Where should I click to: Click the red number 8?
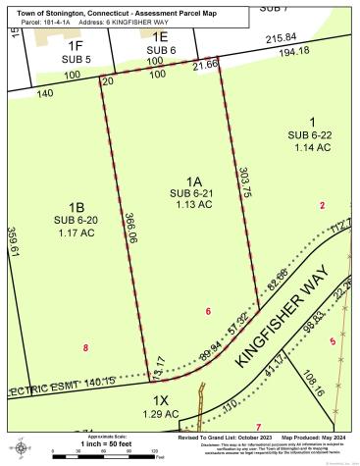(x=86, y=347)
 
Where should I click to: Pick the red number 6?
(x=209, y=311)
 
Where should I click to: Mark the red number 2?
(x=321, y=205)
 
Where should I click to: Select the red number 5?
(x=333, y=341)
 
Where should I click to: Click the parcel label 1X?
(x=162, y=401)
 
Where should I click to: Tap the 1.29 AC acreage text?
(x=162, y=414)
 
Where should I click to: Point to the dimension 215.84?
(x=281, y=36)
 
